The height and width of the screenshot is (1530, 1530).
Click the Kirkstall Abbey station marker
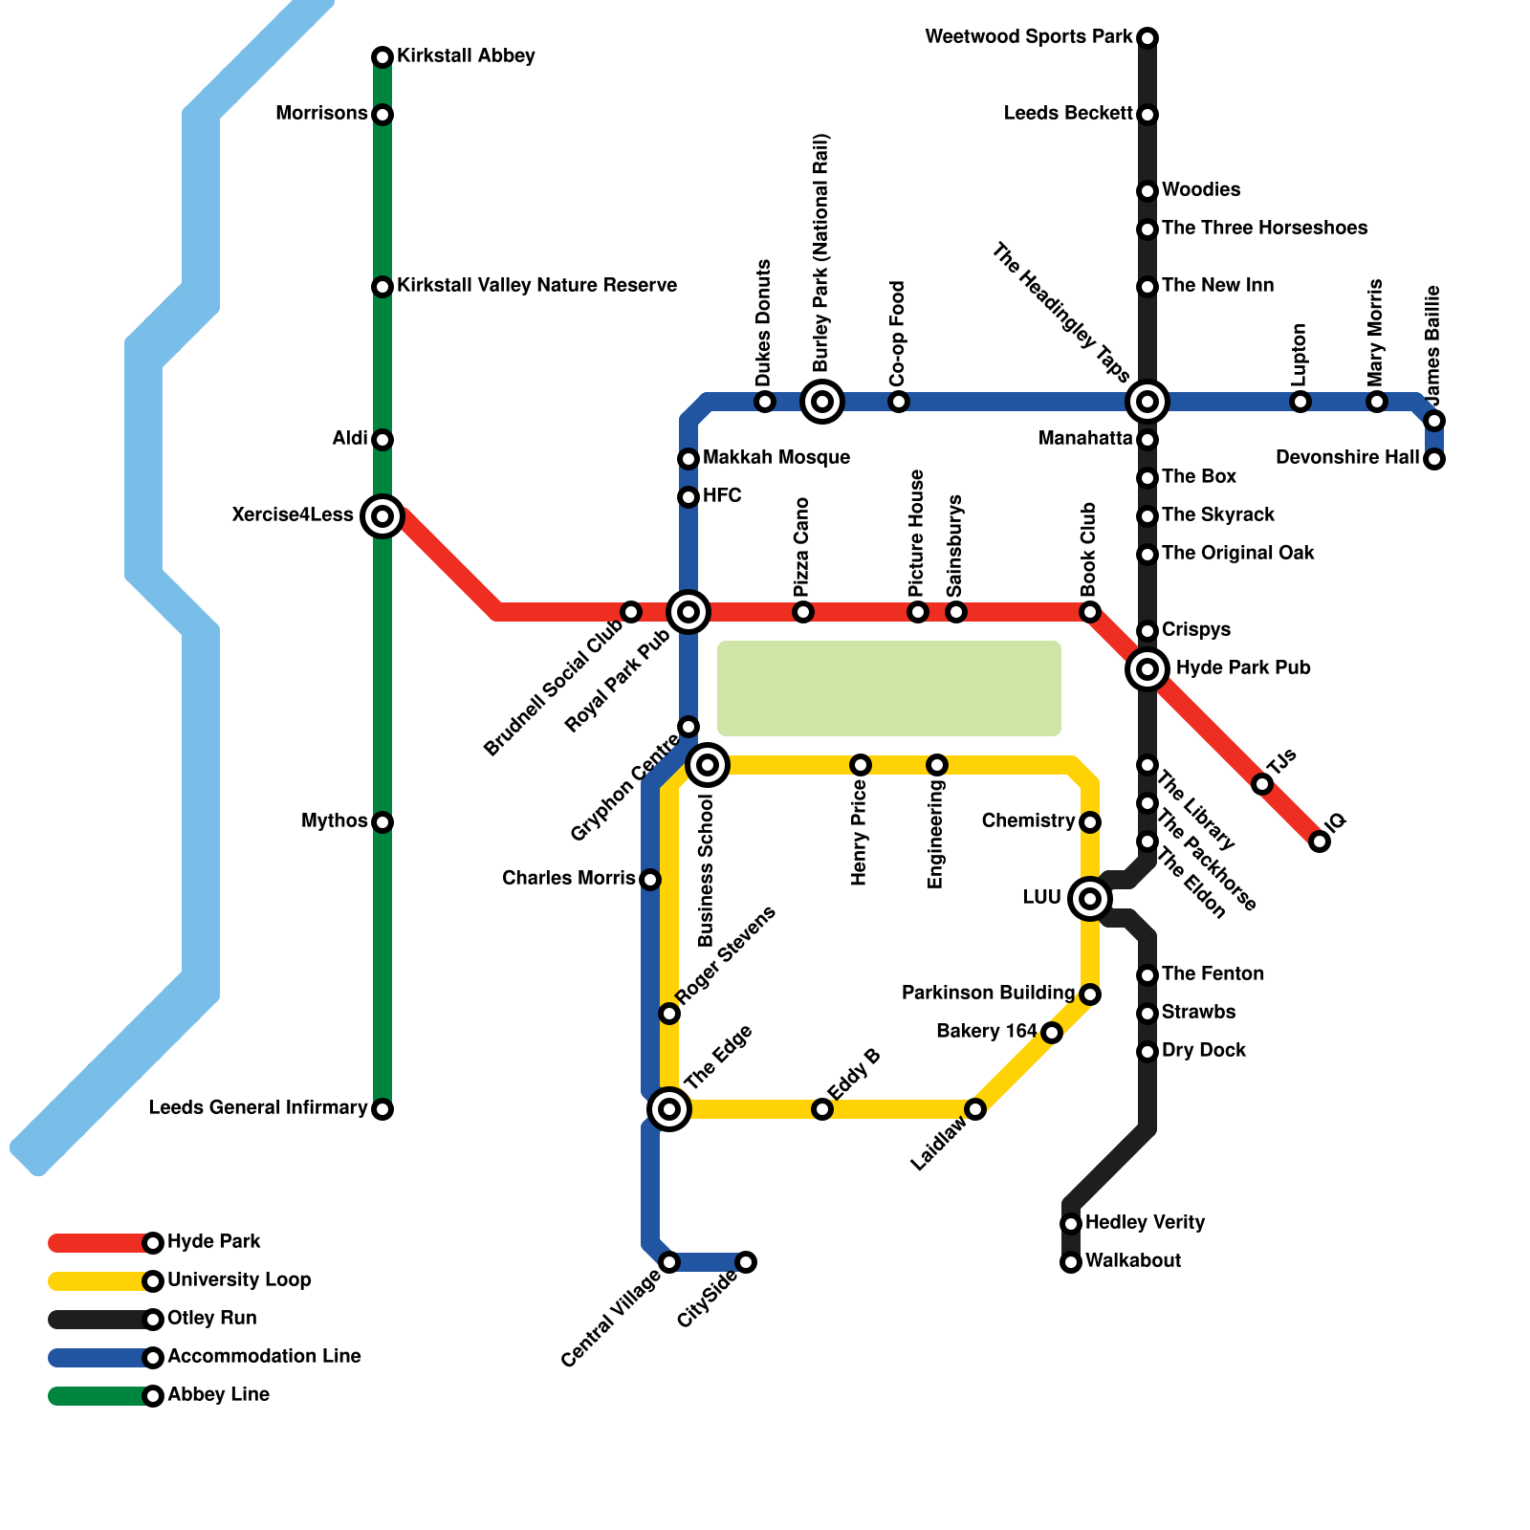coord(382,57)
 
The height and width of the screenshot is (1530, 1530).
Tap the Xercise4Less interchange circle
coord(382,516)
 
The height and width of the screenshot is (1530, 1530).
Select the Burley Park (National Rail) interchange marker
coord(822,402)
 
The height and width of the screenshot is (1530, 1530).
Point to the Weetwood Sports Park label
coord(1029,37)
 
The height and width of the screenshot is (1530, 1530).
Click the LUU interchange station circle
coord(1090,899)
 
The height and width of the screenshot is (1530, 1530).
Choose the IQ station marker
coord(1320,841)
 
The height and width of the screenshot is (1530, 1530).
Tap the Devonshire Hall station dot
coord(1434,459)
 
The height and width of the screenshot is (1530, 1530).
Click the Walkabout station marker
coord(1071,1262)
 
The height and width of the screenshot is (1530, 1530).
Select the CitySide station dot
coord(746,1262)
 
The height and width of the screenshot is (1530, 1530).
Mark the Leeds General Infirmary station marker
coord(382,1109)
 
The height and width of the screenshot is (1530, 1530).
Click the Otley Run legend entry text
coord(211,1319)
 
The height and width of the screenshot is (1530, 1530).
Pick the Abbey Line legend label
coord(218,1395)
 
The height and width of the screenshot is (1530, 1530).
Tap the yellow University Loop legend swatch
coord(96,1281)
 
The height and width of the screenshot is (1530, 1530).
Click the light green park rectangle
coord(889,688)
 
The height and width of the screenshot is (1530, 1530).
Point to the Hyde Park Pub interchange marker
coord(1147,669)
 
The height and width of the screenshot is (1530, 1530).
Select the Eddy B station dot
coord(822,1109)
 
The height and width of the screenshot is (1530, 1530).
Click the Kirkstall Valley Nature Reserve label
coord(536,286)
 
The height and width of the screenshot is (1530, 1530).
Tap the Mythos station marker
coord(382,822)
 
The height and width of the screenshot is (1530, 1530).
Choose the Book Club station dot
coord(1090,612)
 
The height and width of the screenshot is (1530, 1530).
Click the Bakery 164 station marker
coord(1052,1033)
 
